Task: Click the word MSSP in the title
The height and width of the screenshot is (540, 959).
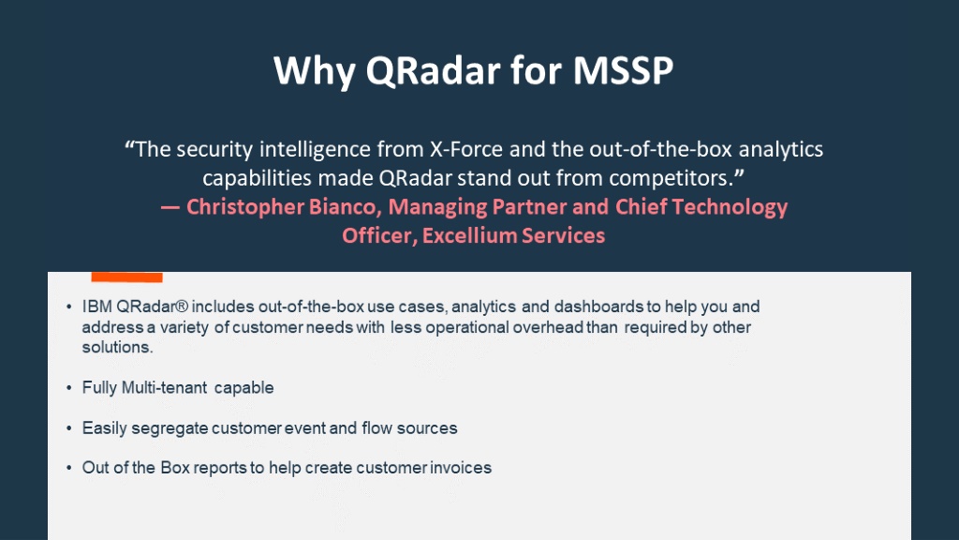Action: point(623,70)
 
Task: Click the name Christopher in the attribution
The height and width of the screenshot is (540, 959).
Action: point(244,207)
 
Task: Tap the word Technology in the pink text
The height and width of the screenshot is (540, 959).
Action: point(730,207)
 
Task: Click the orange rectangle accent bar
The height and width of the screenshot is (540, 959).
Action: point(126,277)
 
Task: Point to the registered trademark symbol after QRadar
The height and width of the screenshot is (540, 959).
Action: point(181,307)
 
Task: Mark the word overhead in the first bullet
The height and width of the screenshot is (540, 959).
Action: point(548,327)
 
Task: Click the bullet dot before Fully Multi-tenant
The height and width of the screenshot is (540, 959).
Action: point(69,387)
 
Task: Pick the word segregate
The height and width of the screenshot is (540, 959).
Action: point(170,427)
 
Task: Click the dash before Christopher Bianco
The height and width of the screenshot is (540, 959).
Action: point(170,207)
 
